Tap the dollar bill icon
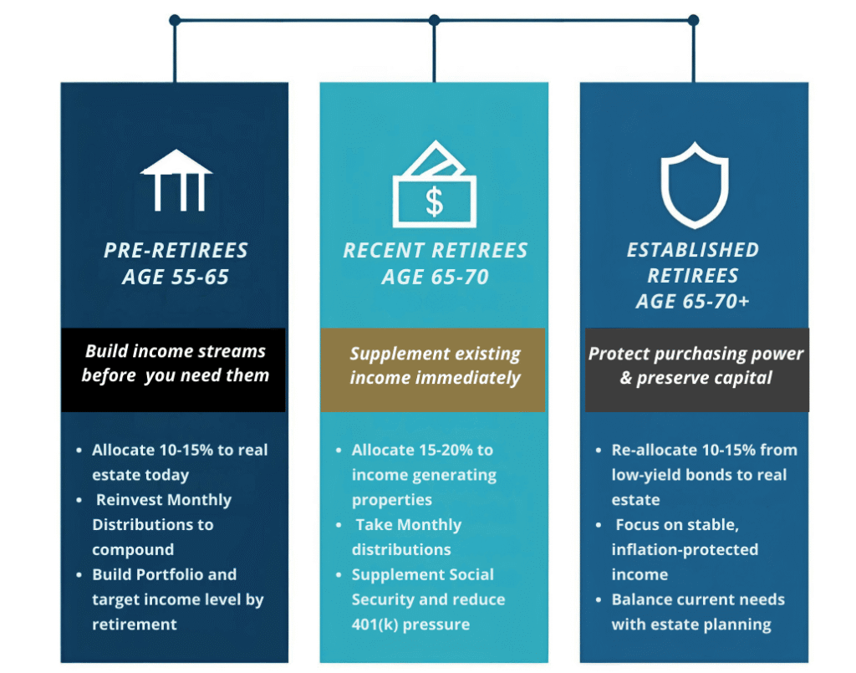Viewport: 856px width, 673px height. click(x=435, y=185)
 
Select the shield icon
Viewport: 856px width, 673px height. click(x=694, y=185)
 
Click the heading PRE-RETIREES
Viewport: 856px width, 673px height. click(x=176, y=250)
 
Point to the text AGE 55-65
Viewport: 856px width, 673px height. click(x=176, y=277)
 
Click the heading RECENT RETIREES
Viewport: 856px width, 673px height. click(x=435, y=250)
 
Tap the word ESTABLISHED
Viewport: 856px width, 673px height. click(x=693, y=250)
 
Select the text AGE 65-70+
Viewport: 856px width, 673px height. click(x=693, y=301)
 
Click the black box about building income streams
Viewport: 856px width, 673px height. click(x=174, y=369)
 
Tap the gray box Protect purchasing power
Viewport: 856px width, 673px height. click(x=695, y=369)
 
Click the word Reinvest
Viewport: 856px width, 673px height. click(x=135, y=500)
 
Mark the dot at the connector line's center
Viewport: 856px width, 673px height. click(x=434, y=20)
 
